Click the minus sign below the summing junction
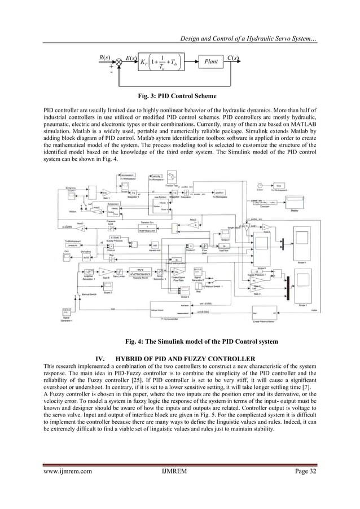[111, 73]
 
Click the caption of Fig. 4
[179, 340]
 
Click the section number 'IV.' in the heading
[103, 359]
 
